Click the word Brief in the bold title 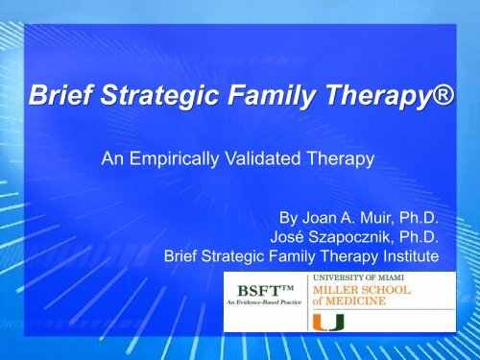[61, 94]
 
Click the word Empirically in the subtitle [175, 158]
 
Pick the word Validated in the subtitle [263, 158]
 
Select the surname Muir [377, 218]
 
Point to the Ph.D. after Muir [419, 218]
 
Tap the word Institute [411, 256]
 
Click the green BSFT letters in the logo [258, 291]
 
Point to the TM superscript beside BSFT [287, 288]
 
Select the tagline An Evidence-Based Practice [264, 302]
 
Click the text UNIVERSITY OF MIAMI [358, 277]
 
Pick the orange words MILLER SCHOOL [361, 290]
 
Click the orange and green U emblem [328, 323]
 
